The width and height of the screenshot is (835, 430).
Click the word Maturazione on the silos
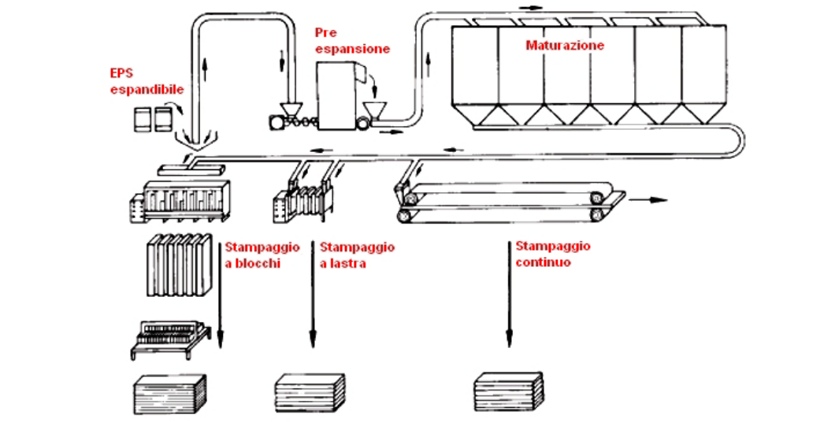click(x=565, y=46)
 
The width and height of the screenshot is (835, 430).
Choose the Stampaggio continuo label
click(x=552, y=254)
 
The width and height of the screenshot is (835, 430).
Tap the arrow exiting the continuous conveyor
click(x=650, y=200)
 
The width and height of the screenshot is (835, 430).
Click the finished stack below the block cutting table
click(x=169, y=395)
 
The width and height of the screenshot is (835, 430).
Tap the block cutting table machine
click(x=169, y=337)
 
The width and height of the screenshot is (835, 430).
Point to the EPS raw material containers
click(x=153, y=120)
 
